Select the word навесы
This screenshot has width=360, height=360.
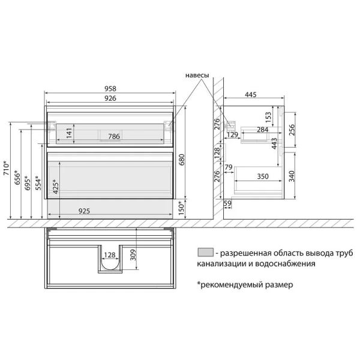click(x=196, y=76)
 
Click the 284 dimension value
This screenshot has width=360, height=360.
click(x=262, y=129)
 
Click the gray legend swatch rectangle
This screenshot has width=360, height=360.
click(x=205, y=252)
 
